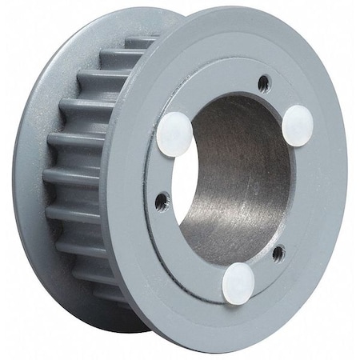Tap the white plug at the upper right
click(x=298, y=126)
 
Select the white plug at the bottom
click(x=239, y=283)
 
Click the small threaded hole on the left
click(x=162, y=198)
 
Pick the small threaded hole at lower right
click(x=278, y=255)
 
